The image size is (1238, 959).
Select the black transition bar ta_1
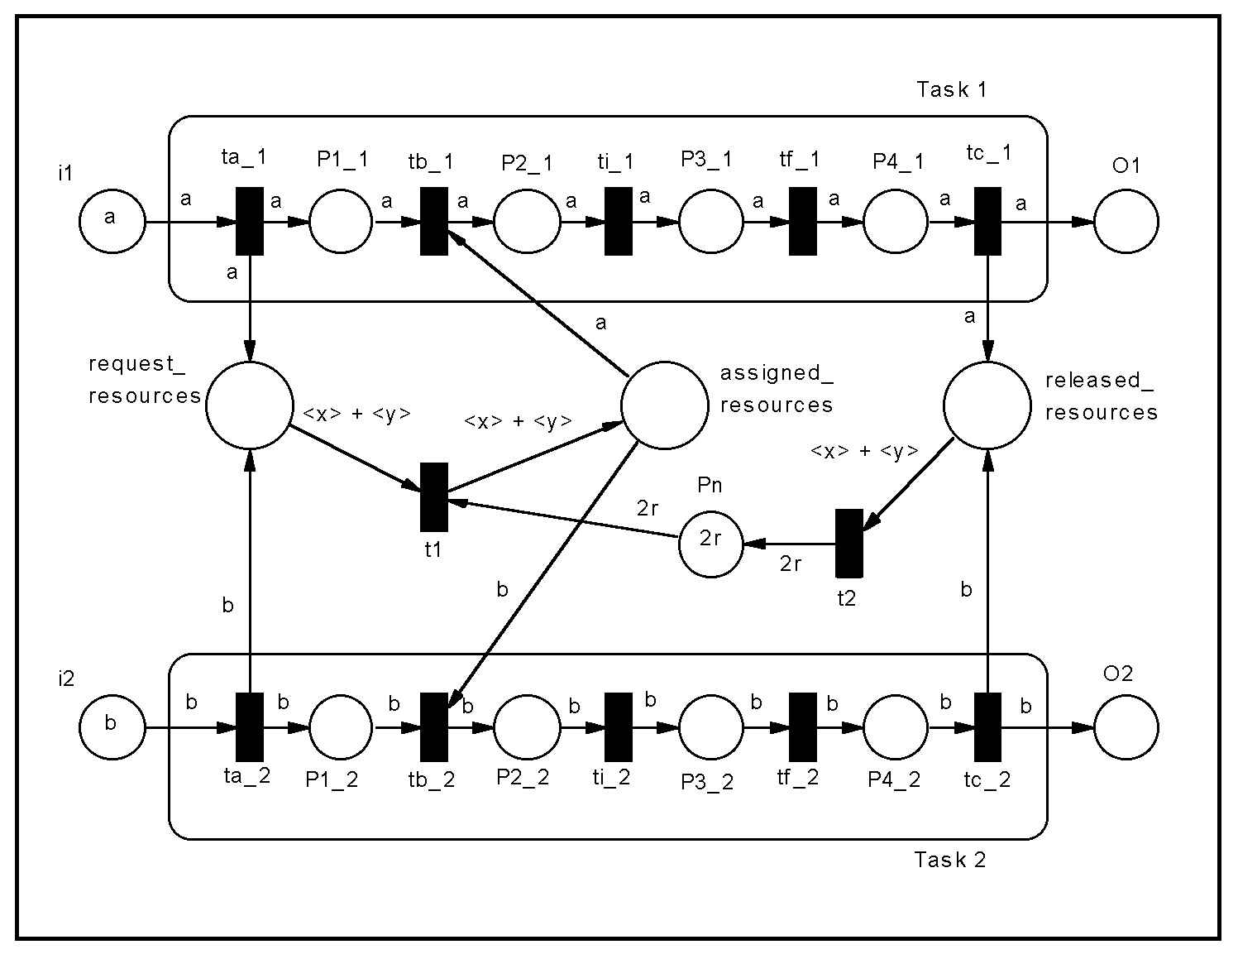250,221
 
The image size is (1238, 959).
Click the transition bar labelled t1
433,497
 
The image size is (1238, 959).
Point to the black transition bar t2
848,544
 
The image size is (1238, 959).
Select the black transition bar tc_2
987,727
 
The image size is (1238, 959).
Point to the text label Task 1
951,89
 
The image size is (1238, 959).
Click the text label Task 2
949,859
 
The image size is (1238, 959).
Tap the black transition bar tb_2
433,727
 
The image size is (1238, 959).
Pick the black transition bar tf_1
803,221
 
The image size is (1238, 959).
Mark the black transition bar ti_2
618,727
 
